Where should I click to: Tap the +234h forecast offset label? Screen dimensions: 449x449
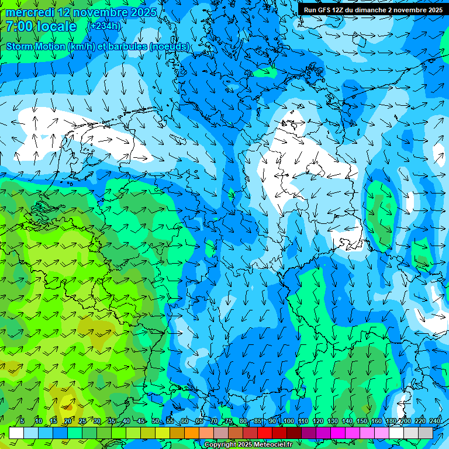tap(104, 26)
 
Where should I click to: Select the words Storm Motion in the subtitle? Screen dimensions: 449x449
tap(36, 46)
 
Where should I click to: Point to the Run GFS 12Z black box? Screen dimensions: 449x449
tap(373, 9)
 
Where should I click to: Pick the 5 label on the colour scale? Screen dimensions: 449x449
tap(22, 421)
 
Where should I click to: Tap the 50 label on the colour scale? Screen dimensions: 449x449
tap(155, 421)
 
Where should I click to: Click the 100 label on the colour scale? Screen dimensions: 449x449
tap(288, 421)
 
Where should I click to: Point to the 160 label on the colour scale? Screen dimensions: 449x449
tap(376, 421)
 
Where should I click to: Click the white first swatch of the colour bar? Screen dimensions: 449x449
tap(16, 433)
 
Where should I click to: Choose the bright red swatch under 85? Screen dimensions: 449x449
tap(265, 433)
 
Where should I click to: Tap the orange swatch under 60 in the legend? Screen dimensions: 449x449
tap(177, 433)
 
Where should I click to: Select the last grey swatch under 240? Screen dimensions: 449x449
tap(426, 433)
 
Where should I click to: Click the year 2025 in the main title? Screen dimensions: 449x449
tap(141, 12)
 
